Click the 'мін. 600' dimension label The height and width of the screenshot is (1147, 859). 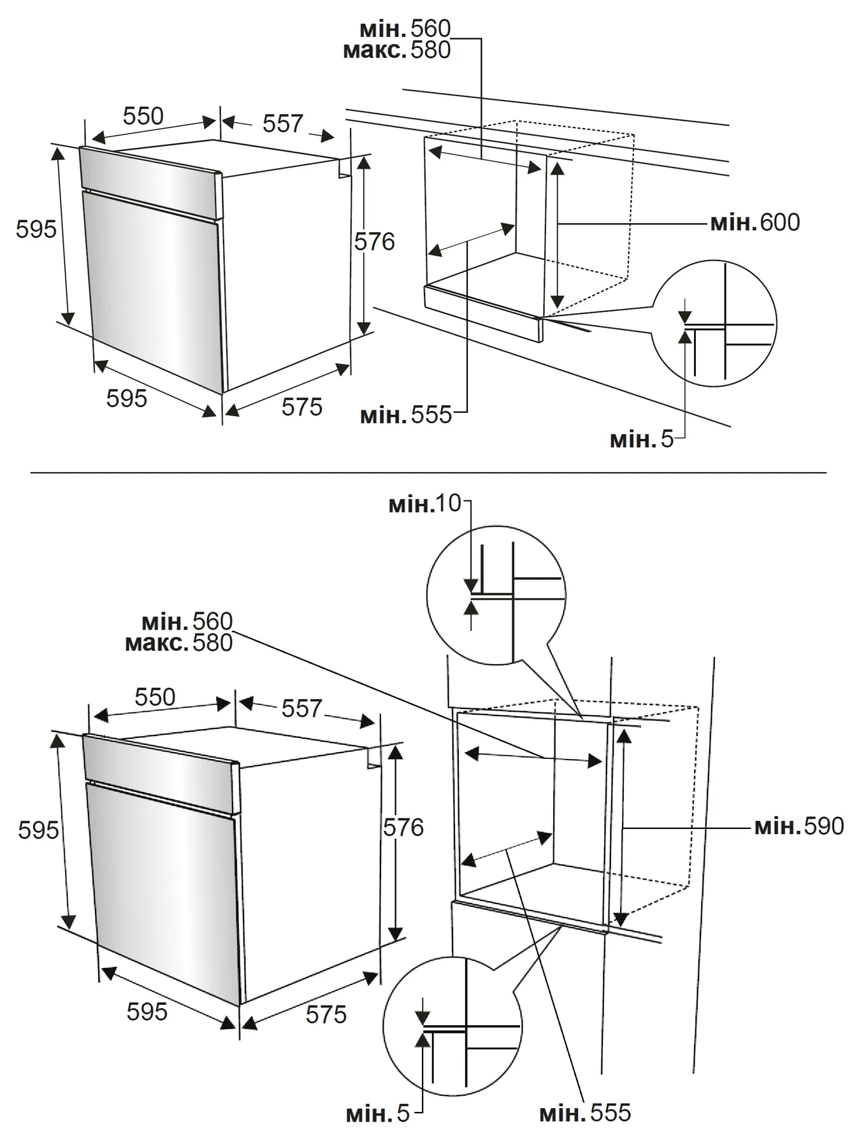tap(754, 223)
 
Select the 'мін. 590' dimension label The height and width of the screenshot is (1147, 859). tap(799, 826)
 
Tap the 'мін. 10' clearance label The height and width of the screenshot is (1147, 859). tap(425, 504)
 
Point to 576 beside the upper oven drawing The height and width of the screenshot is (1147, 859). tap(375, 242)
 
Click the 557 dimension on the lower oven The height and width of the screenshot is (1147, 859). tap(301, 709)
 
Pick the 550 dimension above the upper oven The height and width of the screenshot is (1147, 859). tap(143, 117)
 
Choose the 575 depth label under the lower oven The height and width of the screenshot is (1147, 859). tap(326, 1014)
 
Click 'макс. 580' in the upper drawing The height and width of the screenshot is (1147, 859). tap(396, 50)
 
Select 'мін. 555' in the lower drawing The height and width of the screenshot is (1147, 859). tap(584, 1113)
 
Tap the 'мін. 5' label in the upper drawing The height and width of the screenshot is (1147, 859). tap(641, 439)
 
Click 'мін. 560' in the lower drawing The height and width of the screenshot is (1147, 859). tap(187, 621)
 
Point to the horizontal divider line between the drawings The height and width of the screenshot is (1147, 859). tap(428, 473)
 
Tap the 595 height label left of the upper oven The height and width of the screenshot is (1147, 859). tap(36, 229)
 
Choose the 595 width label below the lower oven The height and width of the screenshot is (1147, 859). tap(147, 1011)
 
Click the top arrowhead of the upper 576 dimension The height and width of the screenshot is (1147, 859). tap(364, 162)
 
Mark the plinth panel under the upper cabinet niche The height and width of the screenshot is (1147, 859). tap(482, 313)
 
